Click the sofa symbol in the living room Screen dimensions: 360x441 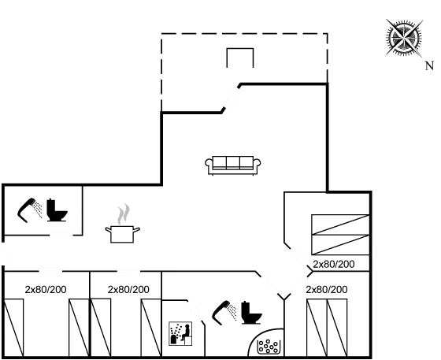(232, 165)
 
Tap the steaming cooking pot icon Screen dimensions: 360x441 (123, 227)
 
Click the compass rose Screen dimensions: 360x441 (404, 37)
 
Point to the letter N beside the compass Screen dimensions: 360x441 (429, 65)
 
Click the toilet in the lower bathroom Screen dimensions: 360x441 (250, 310)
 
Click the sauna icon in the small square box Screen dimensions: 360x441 (181, 334)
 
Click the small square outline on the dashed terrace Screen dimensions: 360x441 (239, 59)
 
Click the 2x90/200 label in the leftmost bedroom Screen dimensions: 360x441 (45, 289)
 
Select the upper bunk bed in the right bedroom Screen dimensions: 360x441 (339, 224)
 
